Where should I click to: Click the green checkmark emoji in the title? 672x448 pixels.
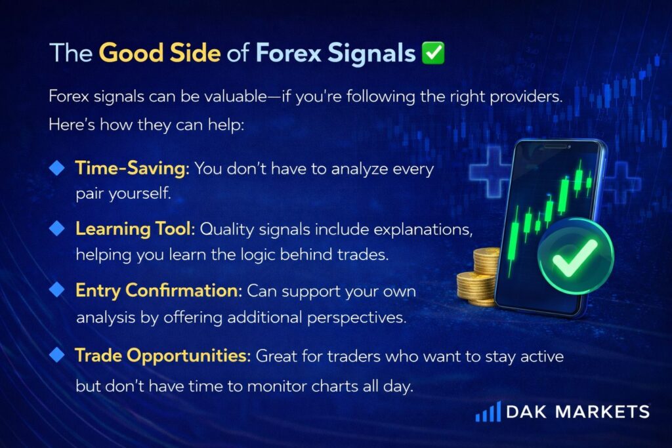point(433,52)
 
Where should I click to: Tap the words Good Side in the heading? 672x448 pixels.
point(160,52)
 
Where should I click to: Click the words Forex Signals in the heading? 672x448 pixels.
point(335,54)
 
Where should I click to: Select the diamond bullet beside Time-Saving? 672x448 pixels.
point(56,168)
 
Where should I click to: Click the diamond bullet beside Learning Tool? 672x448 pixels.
point(56,229)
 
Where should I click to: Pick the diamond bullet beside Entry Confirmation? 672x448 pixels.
point(56,290)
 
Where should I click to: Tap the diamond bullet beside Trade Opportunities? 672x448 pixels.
point(56,355)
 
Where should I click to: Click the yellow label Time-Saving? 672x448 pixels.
point(132,168)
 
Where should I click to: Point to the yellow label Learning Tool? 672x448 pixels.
point(135,229)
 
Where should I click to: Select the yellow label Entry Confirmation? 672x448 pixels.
point(159,291)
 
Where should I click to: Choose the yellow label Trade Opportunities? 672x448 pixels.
point(163,356)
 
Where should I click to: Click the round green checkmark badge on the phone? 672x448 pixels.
point(576,256)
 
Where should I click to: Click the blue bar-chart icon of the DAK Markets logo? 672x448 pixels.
point(488,411)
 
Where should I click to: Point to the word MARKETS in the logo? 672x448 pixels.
point(602,412)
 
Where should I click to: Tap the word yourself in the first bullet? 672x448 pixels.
point(140,193)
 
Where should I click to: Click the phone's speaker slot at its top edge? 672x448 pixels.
point(555,147)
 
